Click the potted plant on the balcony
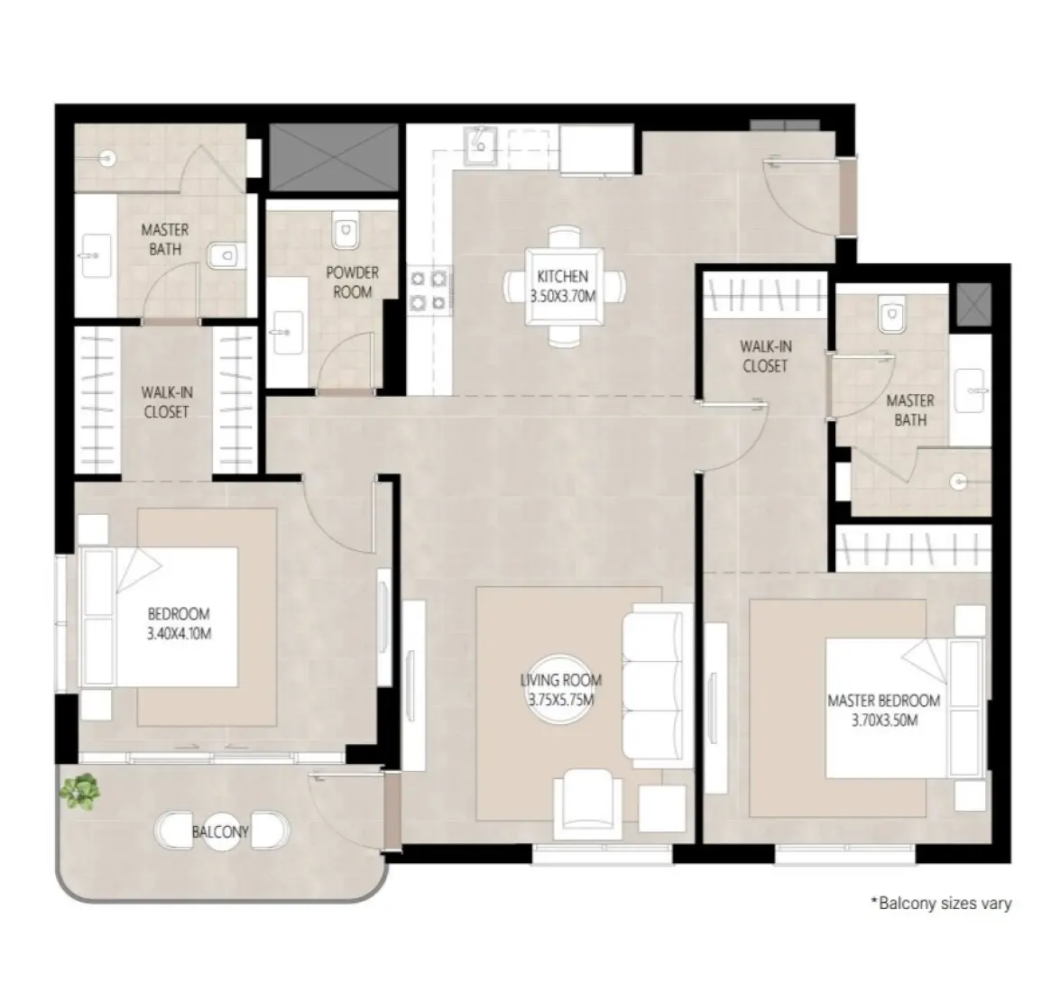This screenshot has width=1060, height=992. (x=79, y=791)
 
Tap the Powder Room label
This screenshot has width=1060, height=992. (x=352, y=282)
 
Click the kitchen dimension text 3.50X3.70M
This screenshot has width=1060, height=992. (x=562, y=295)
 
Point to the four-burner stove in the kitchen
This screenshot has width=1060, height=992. (x=429, y=289)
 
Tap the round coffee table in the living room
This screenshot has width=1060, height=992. (x=560, y=689)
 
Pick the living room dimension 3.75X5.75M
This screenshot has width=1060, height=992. (x=560, y=699)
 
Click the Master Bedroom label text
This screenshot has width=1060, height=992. (x=883, y=701)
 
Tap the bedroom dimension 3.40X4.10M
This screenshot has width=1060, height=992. (x=179, y=633)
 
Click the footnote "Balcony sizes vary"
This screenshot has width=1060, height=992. (x=940, y=903)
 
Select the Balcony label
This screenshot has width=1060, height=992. (x=219, y=831)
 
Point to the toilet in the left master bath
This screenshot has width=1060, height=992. (x=224, y=257)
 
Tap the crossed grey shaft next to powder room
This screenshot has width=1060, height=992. (x=333, y=157)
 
